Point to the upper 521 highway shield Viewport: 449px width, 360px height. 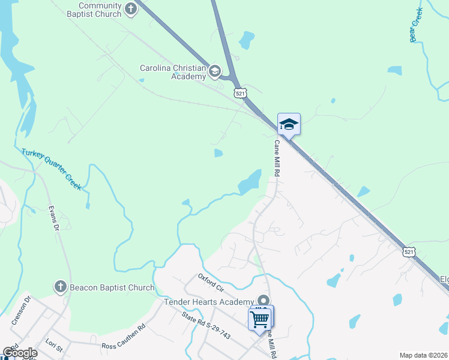(x=240, y=92)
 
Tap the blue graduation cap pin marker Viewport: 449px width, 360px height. (x=289, y=124)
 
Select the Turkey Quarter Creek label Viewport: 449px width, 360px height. (x=51, y=169)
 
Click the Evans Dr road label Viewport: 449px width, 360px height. (x=53, y=219)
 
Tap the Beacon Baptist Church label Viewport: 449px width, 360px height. (x=112, y=287)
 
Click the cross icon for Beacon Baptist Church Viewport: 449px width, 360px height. (x=60, y=287)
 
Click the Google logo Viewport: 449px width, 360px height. (x=20, y=353)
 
